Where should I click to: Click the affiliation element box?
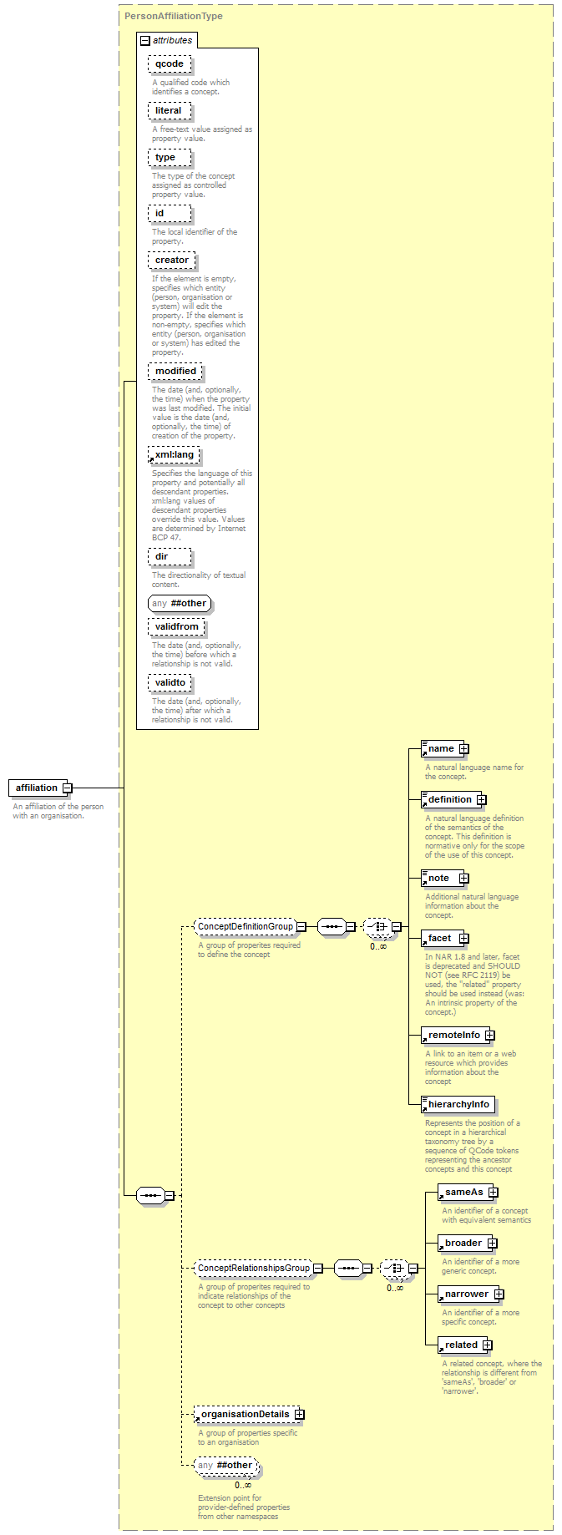(x=37, y=788)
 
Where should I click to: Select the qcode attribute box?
(x=170, y=64)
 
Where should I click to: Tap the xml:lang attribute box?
(x=174, y=455)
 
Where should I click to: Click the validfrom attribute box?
(x=176, y=627)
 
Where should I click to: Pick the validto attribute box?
(x=170, y=683)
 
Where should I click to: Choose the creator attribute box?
(x=171, y=261)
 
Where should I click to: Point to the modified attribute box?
(x=175, y=372)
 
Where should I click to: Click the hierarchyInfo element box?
(x=458, y=1105)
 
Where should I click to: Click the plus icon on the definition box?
(x=482, y=800)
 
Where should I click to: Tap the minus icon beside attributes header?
(x=144, y=40)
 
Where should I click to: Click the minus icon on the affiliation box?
(x=68, y=788)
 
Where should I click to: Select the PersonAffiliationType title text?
(x=174, y=16)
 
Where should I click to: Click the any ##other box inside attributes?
(x=180, y=603)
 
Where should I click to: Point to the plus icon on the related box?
(x=488, y=1345)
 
